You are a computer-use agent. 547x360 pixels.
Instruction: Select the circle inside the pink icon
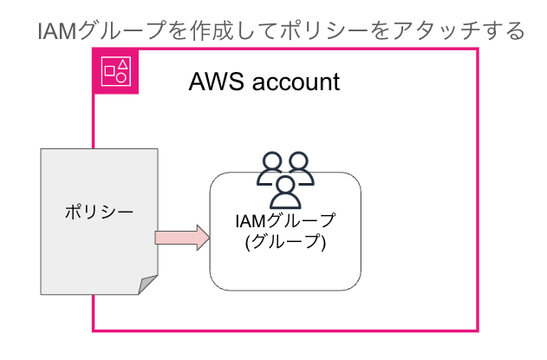pyautogui.click(x=122, y=77)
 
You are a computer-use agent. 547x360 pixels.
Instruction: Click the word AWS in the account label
pyautogui.click(x=212, y=83)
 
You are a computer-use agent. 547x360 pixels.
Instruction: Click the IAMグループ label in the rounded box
pyautogui.click(x=285, y=222)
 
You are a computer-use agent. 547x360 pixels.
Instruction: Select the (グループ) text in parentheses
pyautogui.click(x=285, y=243)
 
